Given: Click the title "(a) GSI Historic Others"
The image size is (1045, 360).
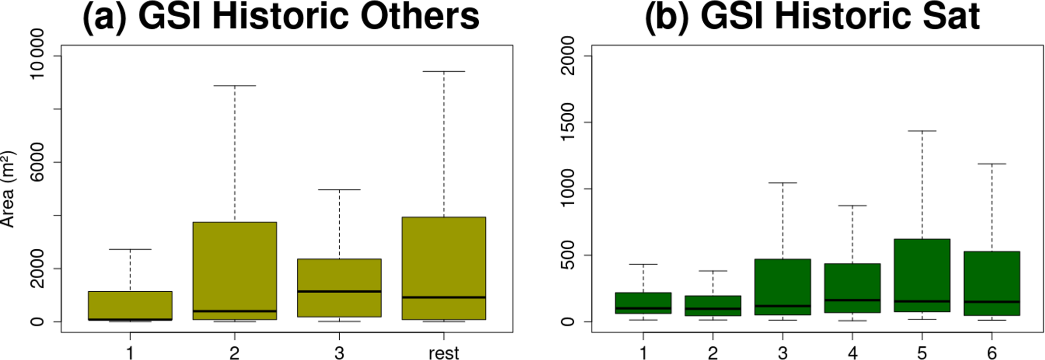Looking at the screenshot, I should [x=281, y=16].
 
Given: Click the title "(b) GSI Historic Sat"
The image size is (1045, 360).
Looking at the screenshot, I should [x=812, y=16].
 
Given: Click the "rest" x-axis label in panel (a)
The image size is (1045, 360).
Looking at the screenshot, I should [x=443, y=353].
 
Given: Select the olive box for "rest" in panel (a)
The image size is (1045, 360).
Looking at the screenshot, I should [x=444, y=253].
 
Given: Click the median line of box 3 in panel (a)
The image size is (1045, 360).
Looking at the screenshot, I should [x=339, y=291].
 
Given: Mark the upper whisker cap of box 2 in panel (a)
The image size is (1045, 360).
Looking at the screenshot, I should [x=235, y=86].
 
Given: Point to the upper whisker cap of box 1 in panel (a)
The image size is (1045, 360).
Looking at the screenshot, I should [x=130, y=249].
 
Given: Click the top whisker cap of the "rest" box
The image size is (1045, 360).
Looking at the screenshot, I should [x=444, y=72].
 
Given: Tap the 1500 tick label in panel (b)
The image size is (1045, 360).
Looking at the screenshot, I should [x=569, y=122].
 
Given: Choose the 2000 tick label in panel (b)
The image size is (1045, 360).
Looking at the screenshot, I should [x=569, y=56].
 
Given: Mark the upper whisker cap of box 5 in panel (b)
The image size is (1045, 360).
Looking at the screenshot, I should [x=922, y=131].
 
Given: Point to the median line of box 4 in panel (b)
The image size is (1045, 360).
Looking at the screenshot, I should [x=852, y=300].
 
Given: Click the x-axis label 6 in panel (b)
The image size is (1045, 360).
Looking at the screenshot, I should [x=991, y=353].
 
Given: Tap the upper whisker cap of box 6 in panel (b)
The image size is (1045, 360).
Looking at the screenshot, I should [x=991, y=164].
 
